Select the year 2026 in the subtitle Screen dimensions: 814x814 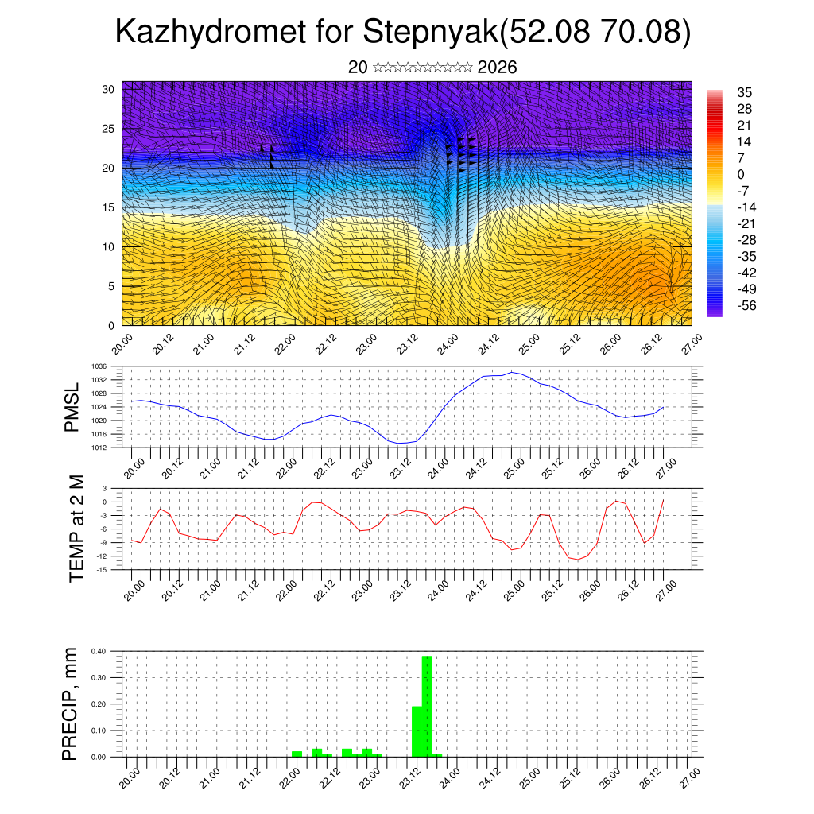[x=498, y=68]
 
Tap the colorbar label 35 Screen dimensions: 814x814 [x=745, y=92]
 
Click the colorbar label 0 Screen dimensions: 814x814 [x=741, y=174]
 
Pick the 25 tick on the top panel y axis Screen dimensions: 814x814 [x=109, y=128]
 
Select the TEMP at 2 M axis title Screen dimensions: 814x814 [x=76, y=528]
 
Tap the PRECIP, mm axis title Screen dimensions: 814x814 [x=71, y=704]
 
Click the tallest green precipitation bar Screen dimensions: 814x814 [x=427, y=706]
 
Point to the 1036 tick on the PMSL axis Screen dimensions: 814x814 [x=99, y=366]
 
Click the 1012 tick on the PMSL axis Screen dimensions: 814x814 [x=99, y=448]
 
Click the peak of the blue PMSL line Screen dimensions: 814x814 [x=513, y=372]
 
